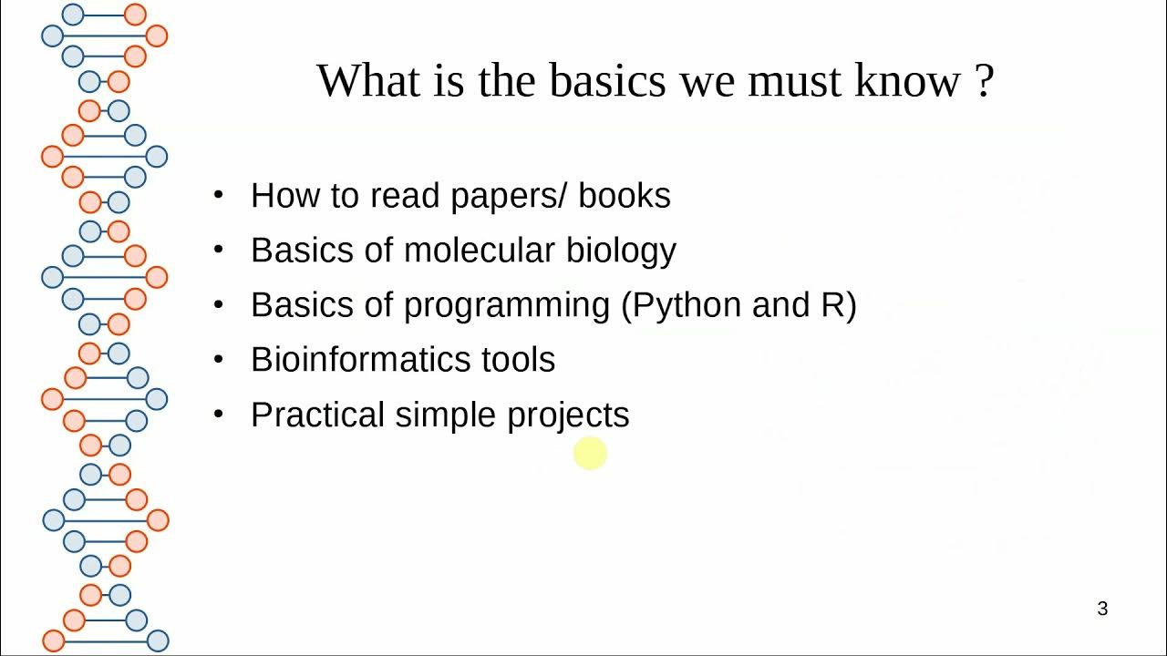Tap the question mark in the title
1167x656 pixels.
click(983, 81)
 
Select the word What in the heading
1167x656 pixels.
click(364, 81)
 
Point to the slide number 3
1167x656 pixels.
click(1102, 609)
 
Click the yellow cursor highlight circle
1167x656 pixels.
click(590, 453)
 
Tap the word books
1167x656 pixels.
click(625, 196)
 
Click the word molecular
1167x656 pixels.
click(480, 251)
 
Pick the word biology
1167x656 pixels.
click(622, 251)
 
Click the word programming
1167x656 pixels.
click(507, 305)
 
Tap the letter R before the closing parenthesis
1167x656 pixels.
click(832, 305)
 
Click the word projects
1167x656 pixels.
click(568, 415)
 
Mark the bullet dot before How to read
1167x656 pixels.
click(218, 195)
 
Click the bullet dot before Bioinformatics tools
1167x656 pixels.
click(218, 359)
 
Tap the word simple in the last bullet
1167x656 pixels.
click(447, 415)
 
